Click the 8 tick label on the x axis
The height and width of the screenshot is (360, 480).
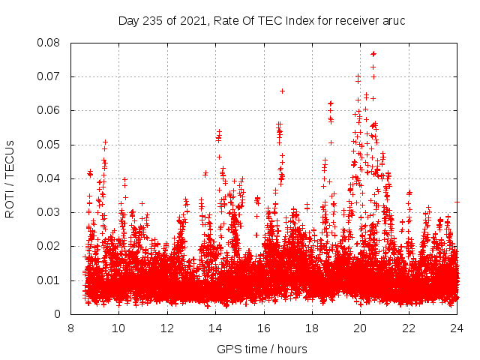coord(70,328)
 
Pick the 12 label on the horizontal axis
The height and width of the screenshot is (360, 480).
coord(167,328)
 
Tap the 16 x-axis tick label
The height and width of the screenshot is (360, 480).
coord(264,328)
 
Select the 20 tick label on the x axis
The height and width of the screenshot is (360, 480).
coord(360,328)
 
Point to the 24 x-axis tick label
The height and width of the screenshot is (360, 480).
coord(457,328)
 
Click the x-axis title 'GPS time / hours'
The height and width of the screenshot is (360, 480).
coord(263,349)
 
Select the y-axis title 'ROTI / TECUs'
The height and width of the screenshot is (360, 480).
coord(10,178)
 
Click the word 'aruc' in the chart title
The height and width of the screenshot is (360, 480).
coord(394,21)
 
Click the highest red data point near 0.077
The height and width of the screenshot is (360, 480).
coord(373,53)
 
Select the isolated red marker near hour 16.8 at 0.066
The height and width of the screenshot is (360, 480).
coord(282,91)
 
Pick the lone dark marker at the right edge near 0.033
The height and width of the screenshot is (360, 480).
coord(457,201)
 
